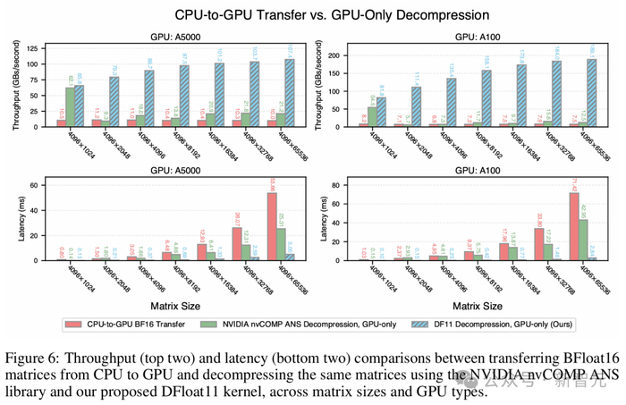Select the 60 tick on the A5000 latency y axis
click(40, 185)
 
